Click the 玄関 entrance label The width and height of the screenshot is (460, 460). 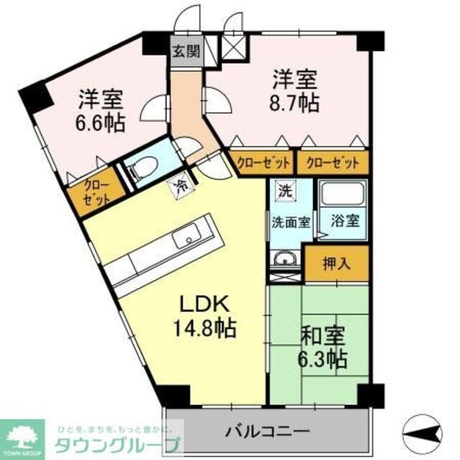[x=186, y=52]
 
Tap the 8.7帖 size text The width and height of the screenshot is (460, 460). [x=295, y=103]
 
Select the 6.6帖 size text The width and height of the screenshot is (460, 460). [x=101, y=120]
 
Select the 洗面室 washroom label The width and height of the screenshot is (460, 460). [x=291, y=221]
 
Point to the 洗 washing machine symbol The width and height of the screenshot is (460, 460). [x=285, y=191]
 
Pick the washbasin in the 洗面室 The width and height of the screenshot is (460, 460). [x=285, y=259]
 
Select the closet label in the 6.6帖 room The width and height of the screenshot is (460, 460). [x=96, y=194]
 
